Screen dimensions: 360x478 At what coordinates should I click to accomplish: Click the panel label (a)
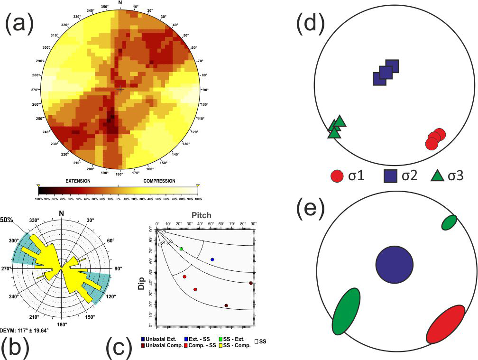(19, 23)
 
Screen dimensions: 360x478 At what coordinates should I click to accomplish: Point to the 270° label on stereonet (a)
(35, 90)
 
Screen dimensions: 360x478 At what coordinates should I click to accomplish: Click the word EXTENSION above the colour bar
(78, 181)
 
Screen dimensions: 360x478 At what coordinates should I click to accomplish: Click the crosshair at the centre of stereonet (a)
(120, 89)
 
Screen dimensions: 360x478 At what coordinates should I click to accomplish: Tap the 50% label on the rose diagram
(6, 220)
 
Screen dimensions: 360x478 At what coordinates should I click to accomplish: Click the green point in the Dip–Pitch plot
(181, 249)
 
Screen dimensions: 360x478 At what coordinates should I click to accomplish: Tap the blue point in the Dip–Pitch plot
(212, 259)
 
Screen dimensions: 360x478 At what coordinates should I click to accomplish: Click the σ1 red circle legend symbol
(337, 176)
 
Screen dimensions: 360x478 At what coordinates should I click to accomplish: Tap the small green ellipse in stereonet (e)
(449, 222)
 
